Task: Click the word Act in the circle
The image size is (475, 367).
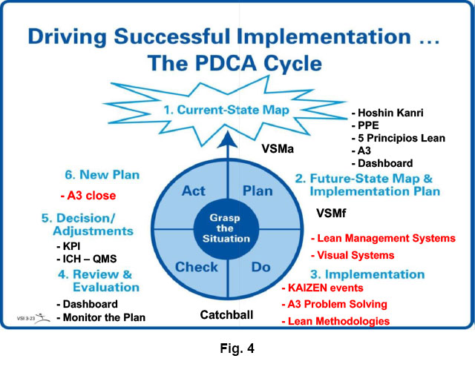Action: tap(194, 191)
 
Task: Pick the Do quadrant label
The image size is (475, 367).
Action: tap(260, 266)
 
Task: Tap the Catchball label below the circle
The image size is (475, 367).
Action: tap(226, 315)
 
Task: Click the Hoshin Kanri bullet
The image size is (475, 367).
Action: tap(390, 115)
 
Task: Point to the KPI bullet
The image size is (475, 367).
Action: tap(73, 245)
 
